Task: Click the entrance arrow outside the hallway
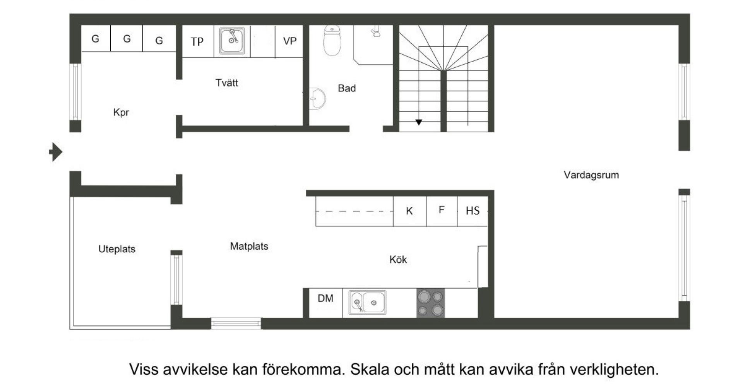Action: click(x=56, y=152)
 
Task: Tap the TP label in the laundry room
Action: click(x=197, y=41)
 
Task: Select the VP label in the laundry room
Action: click(x=289, y=41)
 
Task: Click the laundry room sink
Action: click(x=232, y=40)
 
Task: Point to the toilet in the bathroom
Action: click(x=332, y=41)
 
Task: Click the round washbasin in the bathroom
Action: click(x=317, y=99)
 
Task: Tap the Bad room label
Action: click(x=347, y=88)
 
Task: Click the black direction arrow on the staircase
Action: click(x=419, y=122)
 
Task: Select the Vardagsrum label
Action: click(x=591, y=175)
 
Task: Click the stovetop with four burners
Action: click(x=431, y=303)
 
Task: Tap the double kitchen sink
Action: click(x=367, y=302)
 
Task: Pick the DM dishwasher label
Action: click(x=325, y=298)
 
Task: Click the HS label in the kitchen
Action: click(x=473, y=211)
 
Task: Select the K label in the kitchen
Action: click(x=409, y=211)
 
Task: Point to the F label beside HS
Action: click(x=441, y=210)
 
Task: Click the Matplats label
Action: click(x=249, y=246)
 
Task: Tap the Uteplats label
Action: click(x=117, y=249)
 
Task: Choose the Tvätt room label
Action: click(x=227, y=82)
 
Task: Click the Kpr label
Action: click(x=121, y=112)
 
